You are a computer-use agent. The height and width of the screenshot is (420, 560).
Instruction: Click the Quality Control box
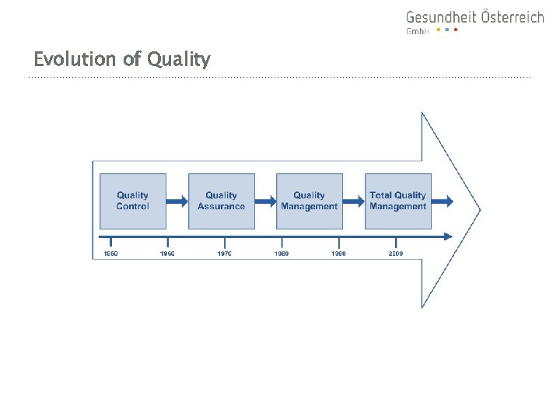132,201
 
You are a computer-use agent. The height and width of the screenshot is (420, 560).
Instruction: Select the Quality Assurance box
221,201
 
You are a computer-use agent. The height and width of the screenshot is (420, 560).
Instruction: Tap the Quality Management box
309,201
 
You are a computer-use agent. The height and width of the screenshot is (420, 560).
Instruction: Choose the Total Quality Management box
397,201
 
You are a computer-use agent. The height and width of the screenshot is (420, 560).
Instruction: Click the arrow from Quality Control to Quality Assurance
177,201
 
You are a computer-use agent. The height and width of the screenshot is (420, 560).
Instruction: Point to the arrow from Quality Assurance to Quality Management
265,201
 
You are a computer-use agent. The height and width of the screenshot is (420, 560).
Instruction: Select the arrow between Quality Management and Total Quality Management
354,201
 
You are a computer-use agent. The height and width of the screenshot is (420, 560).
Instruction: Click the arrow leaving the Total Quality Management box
443,201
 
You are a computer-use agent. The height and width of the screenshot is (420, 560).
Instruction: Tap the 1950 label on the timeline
110,254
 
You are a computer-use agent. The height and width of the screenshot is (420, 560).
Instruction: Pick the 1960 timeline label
167,254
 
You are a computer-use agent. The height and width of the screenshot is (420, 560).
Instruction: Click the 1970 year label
224,254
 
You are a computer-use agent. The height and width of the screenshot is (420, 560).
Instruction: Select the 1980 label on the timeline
282,254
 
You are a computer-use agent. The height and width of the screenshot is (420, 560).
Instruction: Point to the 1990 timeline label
338,254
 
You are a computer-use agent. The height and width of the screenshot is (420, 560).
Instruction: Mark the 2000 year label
396,254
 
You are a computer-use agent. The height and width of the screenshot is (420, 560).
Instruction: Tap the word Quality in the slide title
177,60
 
